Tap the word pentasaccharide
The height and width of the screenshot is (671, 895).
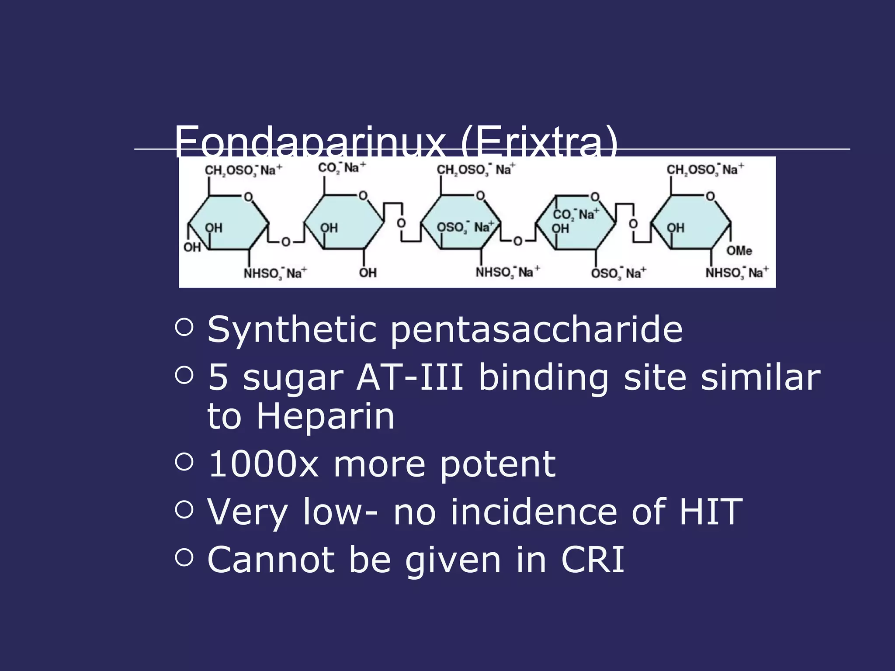tap(536, 329)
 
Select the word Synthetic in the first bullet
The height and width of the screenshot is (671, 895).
tap(292, 329)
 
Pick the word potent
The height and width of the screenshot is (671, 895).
tap(498, 465)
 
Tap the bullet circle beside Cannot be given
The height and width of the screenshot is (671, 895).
tap(184, 557)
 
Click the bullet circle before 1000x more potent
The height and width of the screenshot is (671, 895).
tap(184, 462)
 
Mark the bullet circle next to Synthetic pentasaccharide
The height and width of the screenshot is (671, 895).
tap(184, 327)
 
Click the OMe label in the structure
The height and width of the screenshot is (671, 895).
tap(739, 250)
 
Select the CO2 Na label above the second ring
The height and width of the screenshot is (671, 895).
tap(342, 168)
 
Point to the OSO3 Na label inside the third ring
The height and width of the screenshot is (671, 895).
tap(465, 227)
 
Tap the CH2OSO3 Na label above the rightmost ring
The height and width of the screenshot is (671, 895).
tap(705, 169)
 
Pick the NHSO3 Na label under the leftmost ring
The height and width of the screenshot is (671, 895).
tap(275, 273)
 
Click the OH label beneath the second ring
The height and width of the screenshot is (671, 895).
tap(368, 273)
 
